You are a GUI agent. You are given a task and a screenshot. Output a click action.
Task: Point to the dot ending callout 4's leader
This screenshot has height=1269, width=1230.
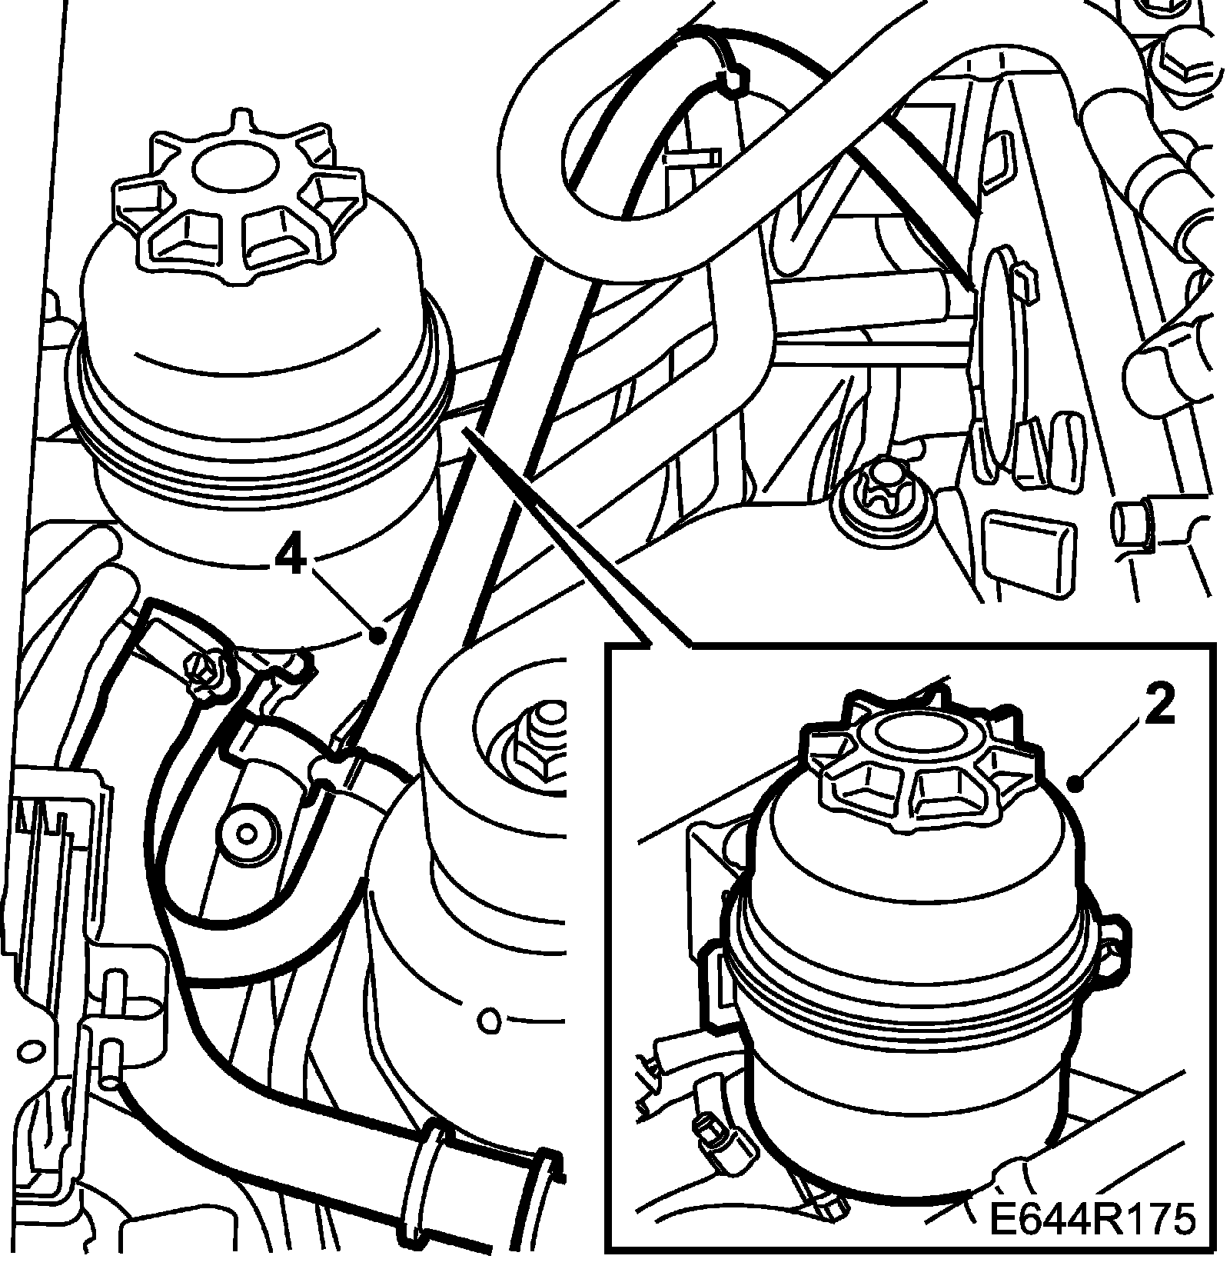pos(377,635)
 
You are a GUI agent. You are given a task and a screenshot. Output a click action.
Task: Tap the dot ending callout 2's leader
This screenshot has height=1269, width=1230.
pos(1077,784)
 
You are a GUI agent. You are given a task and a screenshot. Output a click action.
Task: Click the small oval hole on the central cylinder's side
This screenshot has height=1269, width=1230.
pos(487,1021)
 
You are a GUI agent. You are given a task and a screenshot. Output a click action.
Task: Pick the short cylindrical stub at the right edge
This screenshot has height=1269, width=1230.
pos(1132,523)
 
